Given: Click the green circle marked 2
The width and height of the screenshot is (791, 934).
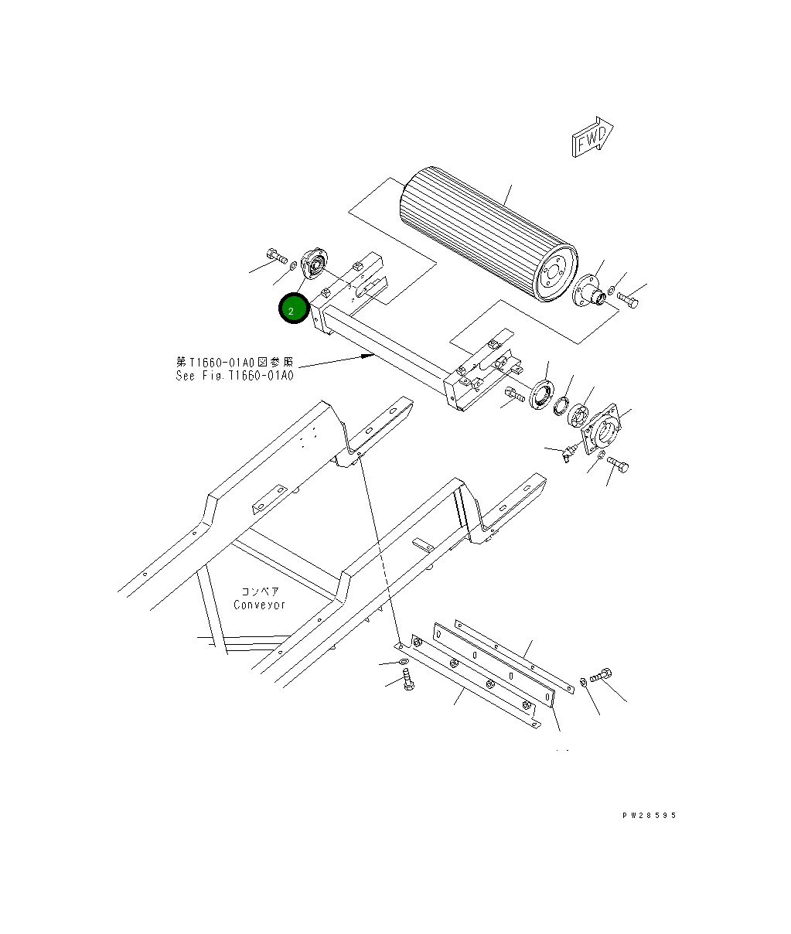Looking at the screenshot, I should (294, 309).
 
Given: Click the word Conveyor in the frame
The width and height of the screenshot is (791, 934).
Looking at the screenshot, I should (260, 605).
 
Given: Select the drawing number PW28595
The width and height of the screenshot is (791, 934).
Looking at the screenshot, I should (648, 815).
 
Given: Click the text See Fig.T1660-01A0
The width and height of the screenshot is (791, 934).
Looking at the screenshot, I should (235, 376).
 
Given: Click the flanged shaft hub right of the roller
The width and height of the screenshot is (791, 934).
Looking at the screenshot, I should (590, 291).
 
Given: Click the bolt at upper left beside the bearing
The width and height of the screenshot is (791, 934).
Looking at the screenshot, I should (274, 254).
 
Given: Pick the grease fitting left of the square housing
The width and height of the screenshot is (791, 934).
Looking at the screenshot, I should (571, 452).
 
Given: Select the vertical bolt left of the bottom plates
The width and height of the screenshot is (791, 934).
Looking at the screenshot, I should (409, 680).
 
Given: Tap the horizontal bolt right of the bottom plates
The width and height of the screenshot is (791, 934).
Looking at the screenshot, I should (601, 677).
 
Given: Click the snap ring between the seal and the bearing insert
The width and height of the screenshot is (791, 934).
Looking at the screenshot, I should (561, 406).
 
